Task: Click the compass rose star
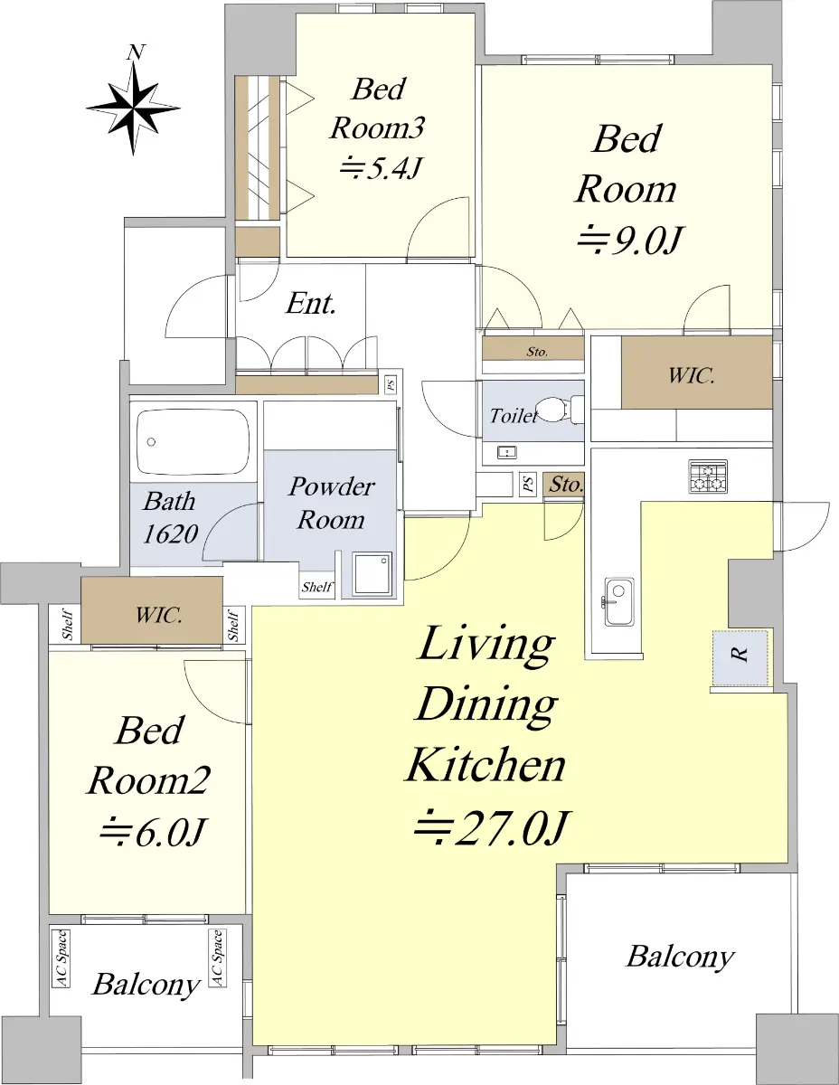[x=133, y=108]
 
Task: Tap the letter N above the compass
[x=136, y=52]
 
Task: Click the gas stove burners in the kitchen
[x=708, y=476]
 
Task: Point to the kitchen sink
[x=619, y=601]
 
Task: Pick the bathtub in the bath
[x=193, y=441]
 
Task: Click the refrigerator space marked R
[x=740, y=657]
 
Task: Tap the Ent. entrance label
[x=310, y=304]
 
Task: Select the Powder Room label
[x=331, y=503]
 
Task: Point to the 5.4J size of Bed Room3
[x=381, y=168]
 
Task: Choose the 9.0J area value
[x=629, y=241]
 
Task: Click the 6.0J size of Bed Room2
[x=152, y=833]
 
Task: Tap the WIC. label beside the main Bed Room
[x=692, y=375]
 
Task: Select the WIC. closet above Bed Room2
[x=152, y=610]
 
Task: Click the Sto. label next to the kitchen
[x=566, y=485]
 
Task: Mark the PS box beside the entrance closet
[x=391, y=384]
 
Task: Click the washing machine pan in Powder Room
[x=372, y=574]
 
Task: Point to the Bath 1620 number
[x=170, y=534]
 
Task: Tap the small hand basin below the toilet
[x=506, y=453]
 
